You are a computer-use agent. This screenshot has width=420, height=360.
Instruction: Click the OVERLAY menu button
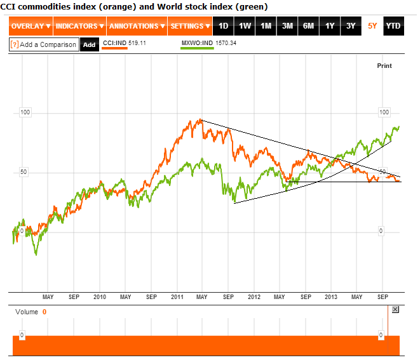point(30,26)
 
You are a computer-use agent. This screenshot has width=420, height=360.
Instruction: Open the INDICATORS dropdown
point(79,26)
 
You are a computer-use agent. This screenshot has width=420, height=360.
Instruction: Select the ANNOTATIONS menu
point(137,26)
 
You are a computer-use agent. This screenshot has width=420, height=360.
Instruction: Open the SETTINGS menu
point(191,26)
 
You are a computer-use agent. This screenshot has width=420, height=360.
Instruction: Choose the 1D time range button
point(223,26)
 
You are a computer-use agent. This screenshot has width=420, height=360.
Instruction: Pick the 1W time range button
point(245,26)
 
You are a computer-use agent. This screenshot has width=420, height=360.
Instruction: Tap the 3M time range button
point(287,26)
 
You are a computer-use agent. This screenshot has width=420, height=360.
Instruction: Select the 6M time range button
point(308,26)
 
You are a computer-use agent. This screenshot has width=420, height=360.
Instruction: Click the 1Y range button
point(330,26)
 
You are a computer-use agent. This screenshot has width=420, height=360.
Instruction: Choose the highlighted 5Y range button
point(372,26)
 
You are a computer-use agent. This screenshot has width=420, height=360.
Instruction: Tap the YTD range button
point(393,26)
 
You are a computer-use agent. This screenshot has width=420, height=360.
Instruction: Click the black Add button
point(90,44)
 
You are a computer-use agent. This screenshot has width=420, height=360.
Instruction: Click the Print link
point(384,66)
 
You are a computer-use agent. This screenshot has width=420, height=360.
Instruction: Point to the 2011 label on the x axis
point(177,297)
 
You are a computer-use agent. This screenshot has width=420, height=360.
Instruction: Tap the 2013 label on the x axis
point(331,297)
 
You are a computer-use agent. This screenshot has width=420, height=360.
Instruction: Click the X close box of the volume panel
point(395,309)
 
